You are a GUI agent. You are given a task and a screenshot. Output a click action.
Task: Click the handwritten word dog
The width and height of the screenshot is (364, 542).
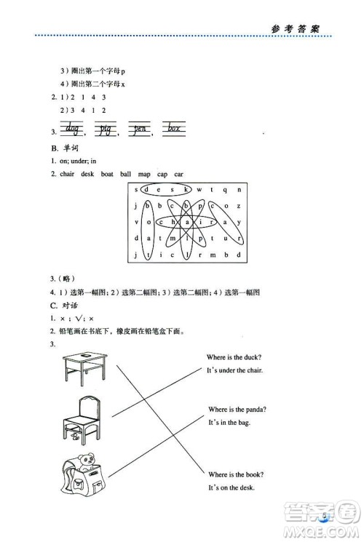pyautogui.click(x=72, y=129)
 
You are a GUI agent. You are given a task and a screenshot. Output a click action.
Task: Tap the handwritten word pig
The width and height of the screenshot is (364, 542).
pyautogui.click(x=107, y=129)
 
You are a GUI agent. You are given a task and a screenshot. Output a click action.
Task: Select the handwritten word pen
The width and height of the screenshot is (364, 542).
pyautogui.click(x=141, y=129)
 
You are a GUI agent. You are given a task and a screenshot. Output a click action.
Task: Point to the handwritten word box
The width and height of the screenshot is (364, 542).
pyautogui.click(x=173, y=129)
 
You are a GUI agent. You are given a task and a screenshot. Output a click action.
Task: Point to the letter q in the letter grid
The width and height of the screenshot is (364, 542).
pyautogui.click(x=226, y=191)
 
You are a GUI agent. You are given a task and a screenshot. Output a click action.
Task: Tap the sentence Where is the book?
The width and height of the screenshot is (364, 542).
pyautogui.click(x=236, y=474)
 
